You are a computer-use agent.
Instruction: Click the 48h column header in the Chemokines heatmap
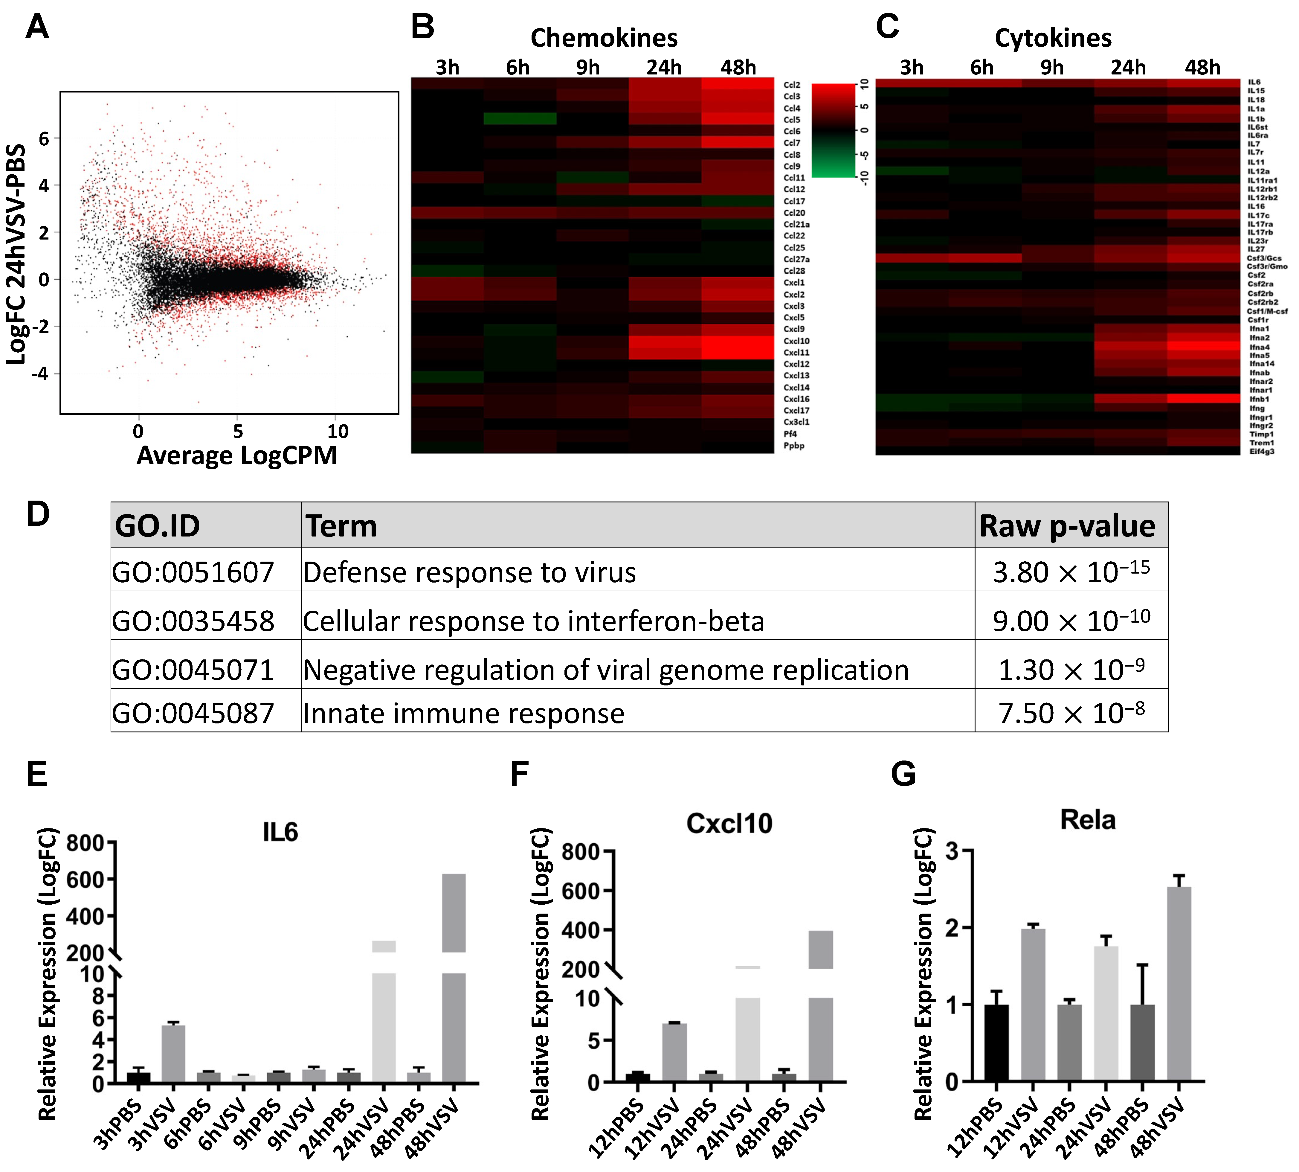coord(738,67)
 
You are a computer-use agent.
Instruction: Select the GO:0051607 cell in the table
coord(193,572)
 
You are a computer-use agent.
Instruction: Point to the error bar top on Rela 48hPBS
coord(1142,965)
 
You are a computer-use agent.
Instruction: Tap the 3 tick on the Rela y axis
coord(951,851)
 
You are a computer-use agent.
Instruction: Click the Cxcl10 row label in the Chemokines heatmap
coord(796,341)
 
